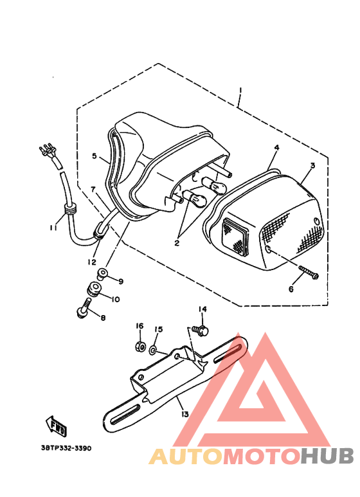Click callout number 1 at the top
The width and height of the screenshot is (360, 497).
[x=239, y=90]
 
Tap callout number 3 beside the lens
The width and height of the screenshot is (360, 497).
[x=312, y=165]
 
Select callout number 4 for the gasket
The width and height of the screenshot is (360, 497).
[x=276, y=148]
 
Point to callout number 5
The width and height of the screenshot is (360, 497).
[x=94, y=156]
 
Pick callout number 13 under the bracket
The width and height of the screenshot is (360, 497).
[x=185, y=414]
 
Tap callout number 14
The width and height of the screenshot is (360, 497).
[x=203, y=309]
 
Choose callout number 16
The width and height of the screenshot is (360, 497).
[x=139, y=325]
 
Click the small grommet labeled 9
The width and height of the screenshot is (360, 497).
[x=101, y=276]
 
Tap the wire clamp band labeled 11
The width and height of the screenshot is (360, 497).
[x=69, y=208]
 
